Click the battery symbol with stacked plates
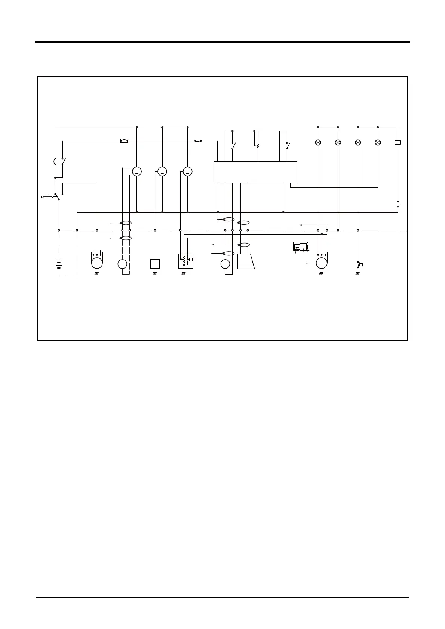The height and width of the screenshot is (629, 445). tap(59, 264)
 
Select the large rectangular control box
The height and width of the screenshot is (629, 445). tap(255, 172)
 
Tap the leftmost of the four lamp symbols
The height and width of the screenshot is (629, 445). tap(318, 142)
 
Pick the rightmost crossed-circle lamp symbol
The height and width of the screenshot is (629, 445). tap(378, 142)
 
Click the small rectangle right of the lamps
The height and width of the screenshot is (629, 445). tap(398, 142)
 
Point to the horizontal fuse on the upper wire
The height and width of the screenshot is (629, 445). tap(124, 141)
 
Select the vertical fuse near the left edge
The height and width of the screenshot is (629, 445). tap(55, 161)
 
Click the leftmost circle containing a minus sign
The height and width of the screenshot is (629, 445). tap(137, 171)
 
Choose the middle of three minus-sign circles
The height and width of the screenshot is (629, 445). tap(162, 171)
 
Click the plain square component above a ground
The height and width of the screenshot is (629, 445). tap(155, 264)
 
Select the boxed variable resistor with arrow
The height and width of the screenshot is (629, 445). tap(186, 261)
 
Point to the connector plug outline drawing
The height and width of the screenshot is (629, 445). tap(301, 247)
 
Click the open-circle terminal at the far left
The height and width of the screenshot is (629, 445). tap(42, 196)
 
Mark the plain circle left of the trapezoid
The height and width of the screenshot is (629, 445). tap(225, 264)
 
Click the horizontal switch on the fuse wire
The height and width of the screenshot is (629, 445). tap(198, 141)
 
